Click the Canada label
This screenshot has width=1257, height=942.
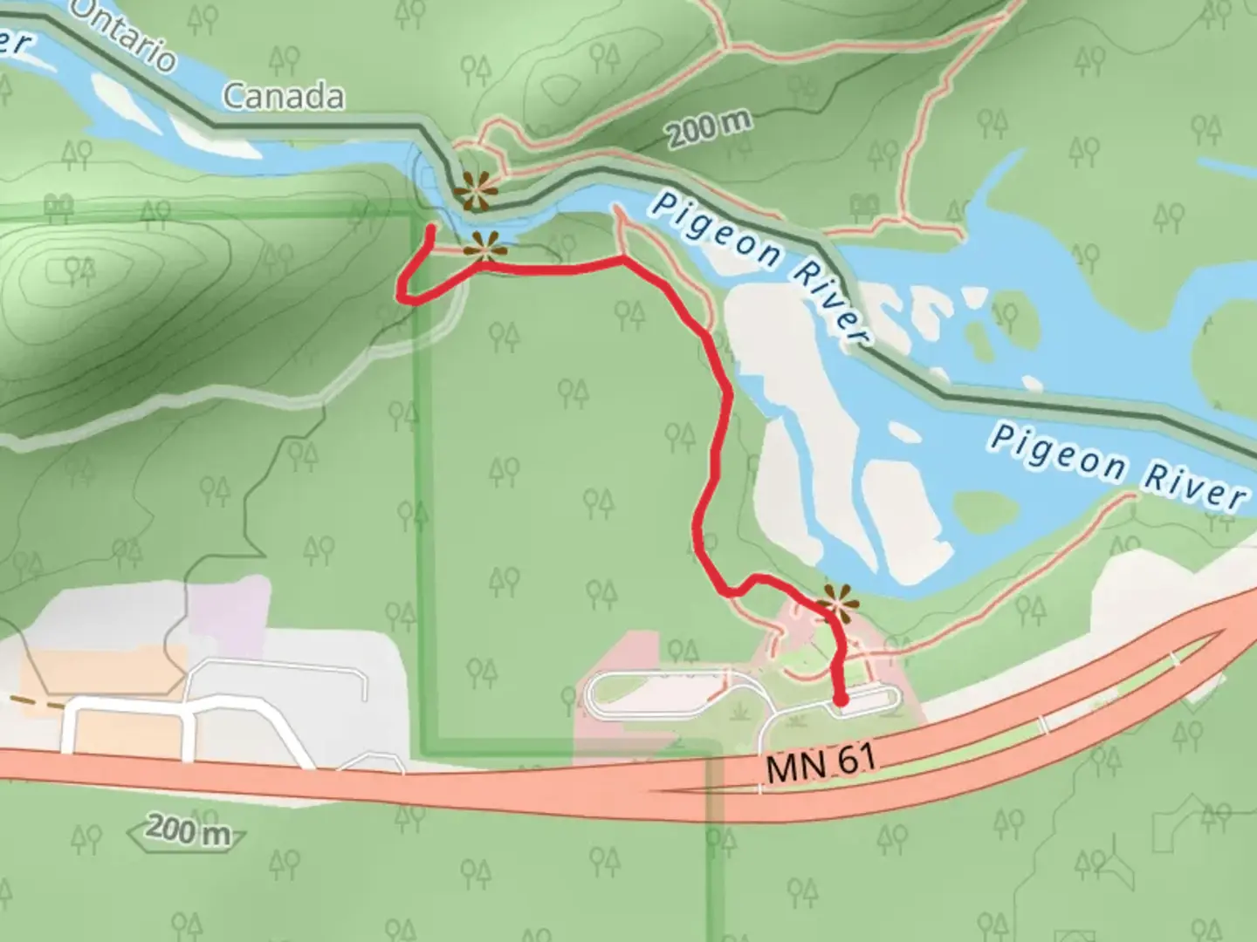[283, 96]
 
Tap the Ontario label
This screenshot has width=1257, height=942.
[122, 35]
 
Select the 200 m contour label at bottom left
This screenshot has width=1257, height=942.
[188, 830]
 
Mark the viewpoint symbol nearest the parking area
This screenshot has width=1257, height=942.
[836, 601]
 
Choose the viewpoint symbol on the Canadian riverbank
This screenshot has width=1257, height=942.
[475, 191]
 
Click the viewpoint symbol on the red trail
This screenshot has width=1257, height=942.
[485, 247]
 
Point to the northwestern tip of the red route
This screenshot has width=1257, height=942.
[430, 229]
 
